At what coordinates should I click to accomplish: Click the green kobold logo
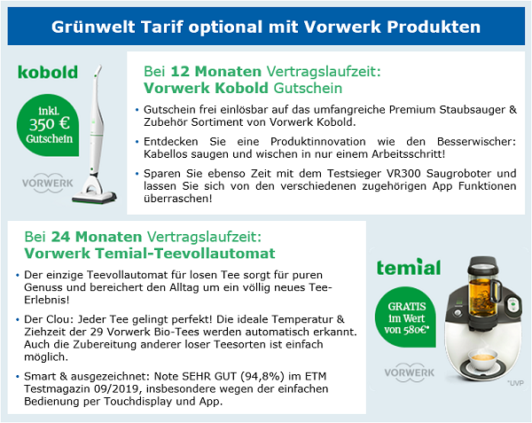pos(48,72)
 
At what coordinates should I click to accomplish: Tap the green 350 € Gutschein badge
pos(48,125)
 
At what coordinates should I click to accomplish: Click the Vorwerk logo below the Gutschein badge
pos(48,184)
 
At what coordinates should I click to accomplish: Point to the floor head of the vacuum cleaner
pos(94,197)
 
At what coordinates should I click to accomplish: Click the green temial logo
pos(409,267)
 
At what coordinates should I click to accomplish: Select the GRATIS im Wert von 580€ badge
pos(405,317)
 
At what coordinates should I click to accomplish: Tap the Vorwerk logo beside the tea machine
pos(410,372)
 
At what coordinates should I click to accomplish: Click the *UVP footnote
pos(515,383)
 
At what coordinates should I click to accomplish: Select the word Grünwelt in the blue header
pos(93,27)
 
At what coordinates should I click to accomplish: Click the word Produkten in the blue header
pos(434,27)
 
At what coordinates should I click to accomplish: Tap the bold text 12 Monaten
pos(215,72)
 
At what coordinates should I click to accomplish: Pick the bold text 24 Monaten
pos(97,237)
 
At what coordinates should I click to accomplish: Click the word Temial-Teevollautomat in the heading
pos(185,254)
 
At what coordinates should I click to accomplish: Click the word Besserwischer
pos(476,142)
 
